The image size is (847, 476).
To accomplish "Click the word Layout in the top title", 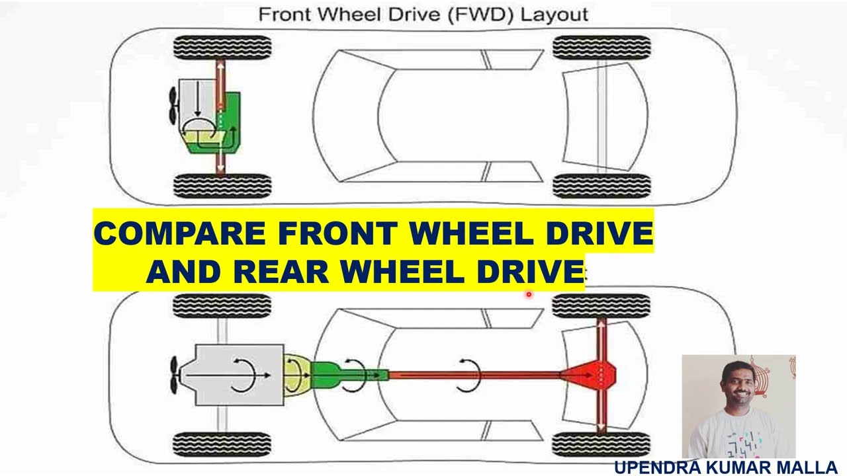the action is click(554, 15).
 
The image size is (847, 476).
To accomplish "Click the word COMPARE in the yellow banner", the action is click(180, 233).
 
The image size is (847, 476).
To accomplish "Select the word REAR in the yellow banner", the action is click(281, 272).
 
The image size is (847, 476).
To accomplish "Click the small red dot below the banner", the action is click(529, 294).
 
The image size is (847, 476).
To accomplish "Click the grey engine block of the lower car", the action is click(239, 375).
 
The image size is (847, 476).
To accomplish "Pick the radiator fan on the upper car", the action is click(173, 106).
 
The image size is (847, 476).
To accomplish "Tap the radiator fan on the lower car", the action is click(174, 375).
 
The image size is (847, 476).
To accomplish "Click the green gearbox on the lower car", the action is click(350, 375).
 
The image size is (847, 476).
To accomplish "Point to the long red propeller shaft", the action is click(474, 375).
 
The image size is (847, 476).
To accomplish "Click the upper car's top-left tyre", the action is click(222, 48).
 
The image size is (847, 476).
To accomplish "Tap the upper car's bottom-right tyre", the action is click(602, 186).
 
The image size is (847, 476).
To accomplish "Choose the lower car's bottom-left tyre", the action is click(222, 444).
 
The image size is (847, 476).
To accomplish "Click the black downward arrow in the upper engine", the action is click(197, 99).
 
